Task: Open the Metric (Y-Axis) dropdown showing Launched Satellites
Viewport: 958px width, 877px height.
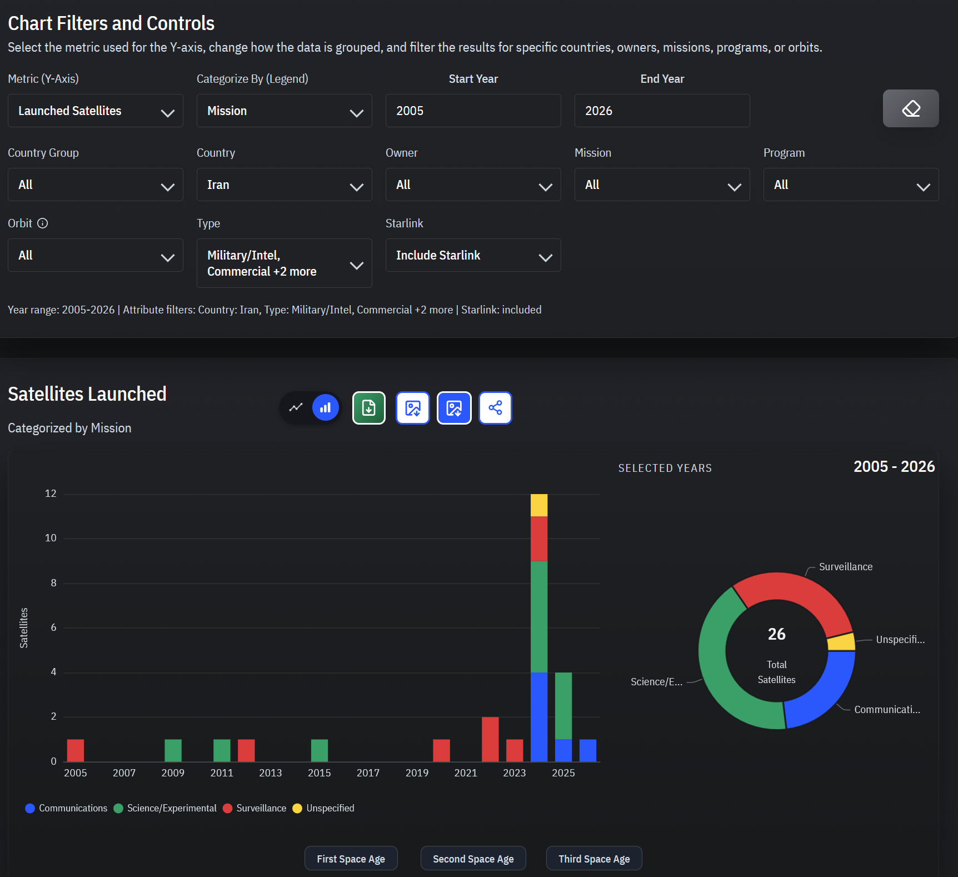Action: (95, 111)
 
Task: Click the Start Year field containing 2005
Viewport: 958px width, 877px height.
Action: (473, 111)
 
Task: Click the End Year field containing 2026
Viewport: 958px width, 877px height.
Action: (662, 111)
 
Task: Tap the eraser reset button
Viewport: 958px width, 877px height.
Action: (911, 108)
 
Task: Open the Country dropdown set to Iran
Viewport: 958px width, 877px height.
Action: (284, 185)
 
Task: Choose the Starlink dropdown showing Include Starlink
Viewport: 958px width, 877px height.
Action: (473, 255)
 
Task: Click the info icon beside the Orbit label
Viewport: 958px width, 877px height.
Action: (43, 223)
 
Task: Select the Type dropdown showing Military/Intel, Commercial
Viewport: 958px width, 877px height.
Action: (284, 263)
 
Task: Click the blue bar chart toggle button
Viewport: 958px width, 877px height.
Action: (326, 407)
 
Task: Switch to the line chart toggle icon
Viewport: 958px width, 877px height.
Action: (296, 407)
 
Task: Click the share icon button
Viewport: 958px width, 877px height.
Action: (495, 408)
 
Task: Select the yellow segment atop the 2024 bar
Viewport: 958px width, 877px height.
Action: (539, 505)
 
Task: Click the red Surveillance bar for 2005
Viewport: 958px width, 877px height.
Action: (76, 750)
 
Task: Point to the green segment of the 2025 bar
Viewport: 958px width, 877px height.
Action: (563, 706)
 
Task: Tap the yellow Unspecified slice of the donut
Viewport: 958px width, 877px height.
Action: (841, 642)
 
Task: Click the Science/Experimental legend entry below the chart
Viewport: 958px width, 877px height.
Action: (165, 808)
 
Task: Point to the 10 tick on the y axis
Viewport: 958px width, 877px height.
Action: (51, 538)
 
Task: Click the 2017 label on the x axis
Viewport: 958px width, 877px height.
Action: (368, 773)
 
